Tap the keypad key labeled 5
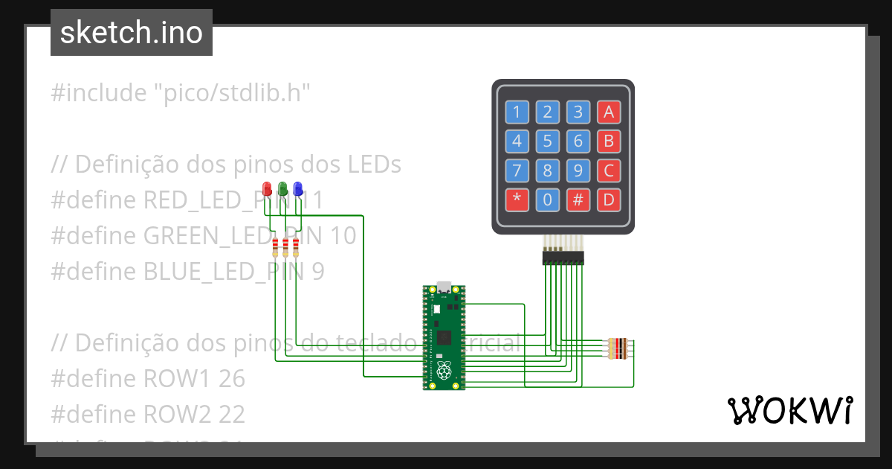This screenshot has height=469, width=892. [x=547, y=141]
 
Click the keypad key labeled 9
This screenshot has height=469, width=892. [x=578, y=170]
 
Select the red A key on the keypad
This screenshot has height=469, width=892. [x=608, y=112]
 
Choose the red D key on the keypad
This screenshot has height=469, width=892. [x=608, y=200]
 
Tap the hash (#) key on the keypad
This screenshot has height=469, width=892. [x=578, y=200]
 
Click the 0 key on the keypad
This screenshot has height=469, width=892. [x=547, y=200]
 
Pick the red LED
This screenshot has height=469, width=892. [x=268, y=188]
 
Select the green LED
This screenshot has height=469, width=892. [x=282, y=188]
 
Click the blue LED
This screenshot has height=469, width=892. [x=297, y=188]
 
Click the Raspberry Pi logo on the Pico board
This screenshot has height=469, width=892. [x=444, y=370]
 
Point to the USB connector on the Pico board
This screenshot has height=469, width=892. [x=444, y=287]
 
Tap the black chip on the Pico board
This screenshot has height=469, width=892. [x=444, y=337]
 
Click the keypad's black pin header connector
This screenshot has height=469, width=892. [x=563, y=258]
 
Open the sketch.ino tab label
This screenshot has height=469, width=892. [x=132, y=33]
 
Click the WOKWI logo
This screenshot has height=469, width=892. [x=789, y=411]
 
